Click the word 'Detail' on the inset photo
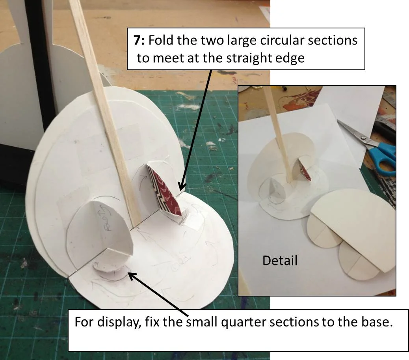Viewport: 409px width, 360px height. (x=280, y=260)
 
